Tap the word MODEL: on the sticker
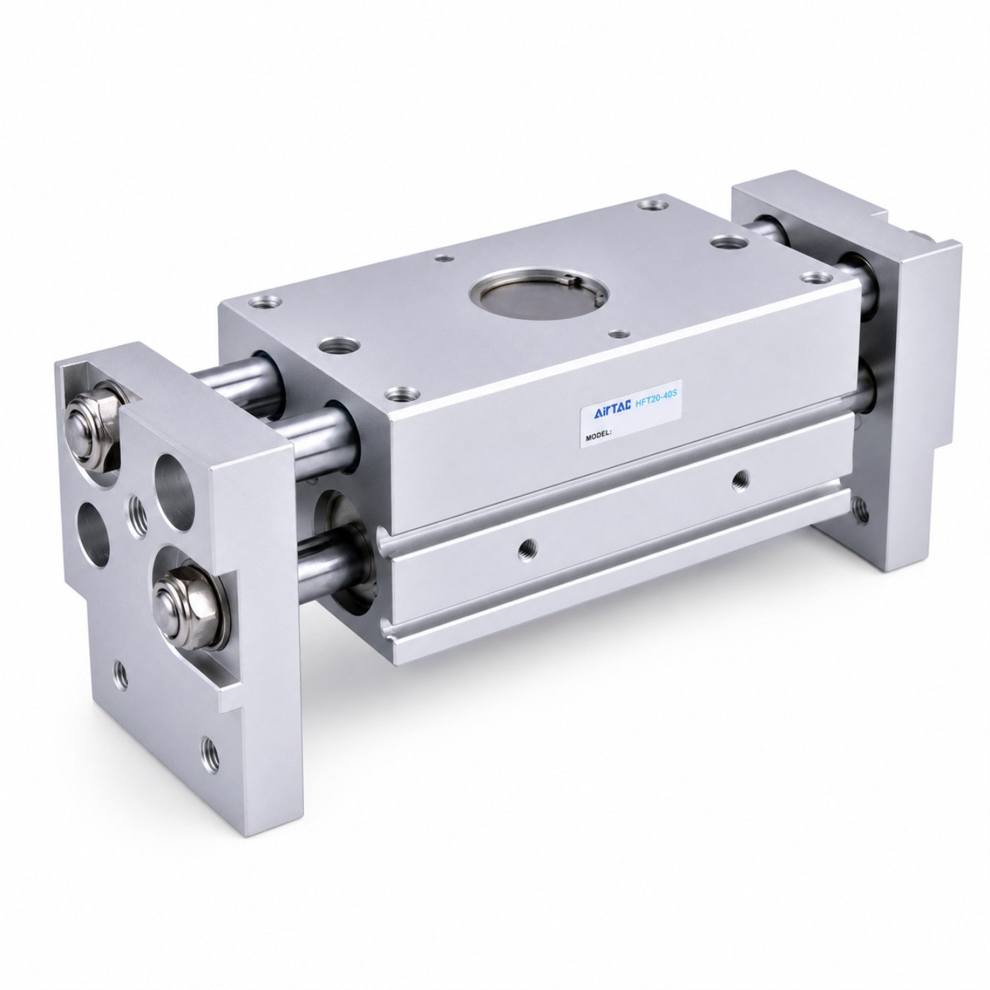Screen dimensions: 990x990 [598, 435]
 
